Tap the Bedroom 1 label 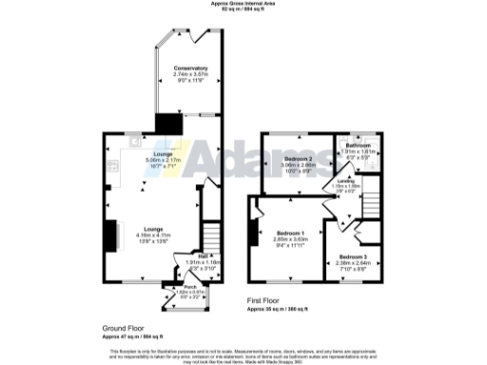288,233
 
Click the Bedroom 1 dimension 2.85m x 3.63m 288,239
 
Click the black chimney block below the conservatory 169,124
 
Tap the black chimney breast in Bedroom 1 253,229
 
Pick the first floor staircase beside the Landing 369,200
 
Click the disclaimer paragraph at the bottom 243,353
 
